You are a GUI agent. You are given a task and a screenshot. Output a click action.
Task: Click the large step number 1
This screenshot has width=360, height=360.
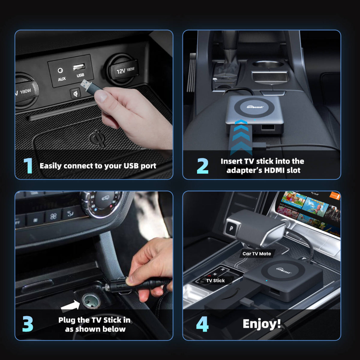pos(28,166)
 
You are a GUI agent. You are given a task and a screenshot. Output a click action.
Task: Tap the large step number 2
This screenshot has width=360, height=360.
pos(202,166)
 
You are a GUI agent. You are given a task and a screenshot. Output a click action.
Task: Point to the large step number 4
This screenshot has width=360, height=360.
pos(202,324)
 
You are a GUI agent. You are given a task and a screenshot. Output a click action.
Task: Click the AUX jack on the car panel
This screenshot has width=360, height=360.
pos(61,71)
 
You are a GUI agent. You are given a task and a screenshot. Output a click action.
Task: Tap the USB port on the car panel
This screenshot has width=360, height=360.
pos(79,67)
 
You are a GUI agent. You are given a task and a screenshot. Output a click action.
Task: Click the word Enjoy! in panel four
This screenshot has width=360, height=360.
pos(262,324)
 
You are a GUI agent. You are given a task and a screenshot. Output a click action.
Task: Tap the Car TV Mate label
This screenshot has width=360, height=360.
pos(256,253)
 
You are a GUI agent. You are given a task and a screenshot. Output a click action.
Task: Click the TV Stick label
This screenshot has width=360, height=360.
pos(215,280)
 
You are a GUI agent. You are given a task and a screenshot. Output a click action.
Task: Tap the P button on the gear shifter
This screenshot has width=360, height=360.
pos(231,229)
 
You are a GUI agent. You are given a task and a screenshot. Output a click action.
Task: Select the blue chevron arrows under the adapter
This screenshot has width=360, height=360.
pos(241,136)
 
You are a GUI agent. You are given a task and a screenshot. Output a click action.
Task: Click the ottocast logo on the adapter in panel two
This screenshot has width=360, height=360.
pos(255,106)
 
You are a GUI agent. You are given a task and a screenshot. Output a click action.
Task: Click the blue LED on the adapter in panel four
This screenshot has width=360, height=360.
pos(266,281)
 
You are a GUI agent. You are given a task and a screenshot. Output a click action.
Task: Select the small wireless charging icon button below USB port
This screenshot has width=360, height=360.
pos(75,93)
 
